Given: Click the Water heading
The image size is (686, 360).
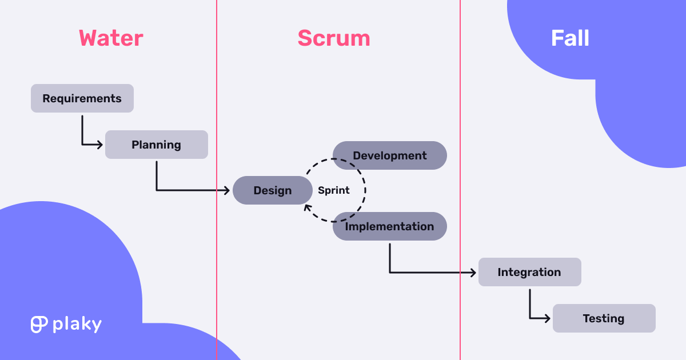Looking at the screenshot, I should coord(111,38).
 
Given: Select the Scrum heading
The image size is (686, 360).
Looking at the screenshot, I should coord(334,38).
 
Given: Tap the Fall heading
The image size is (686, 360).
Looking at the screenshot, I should coord(570,38).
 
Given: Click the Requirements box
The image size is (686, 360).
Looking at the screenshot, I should coord(82,98).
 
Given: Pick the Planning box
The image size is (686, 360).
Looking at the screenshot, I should coord(156,145).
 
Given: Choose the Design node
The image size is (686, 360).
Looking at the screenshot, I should coord(272,190).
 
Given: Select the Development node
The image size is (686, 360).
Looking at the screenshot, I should coord(390,155).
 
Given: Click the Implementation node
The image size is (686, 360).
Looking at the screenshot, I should coord(390,226).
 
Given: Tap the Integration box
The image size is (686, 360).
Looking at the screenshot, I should coord(529,272).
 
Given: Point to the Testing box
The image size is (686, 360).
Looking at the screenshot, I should coord(604,318).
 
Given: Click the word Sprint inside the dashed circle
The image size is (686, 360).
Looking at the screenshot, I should coord(334,190).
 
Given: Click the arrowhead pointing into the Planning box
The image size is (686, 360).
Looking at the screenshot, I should coord(101,145).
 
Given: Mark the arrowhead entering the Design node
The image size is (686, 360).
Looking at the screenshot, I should coord(228,190).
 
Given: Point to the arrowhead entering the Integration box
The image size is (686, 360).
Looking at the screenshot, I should coord(473,273).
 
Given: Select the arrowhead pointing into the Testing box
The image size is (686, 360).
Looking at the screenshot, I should coord(548,318).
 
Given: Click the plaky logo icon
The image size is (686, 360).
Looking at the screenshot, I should coord(39,324).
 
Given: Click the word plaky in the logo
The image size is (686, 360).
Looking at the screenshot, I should coord(77,325).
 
